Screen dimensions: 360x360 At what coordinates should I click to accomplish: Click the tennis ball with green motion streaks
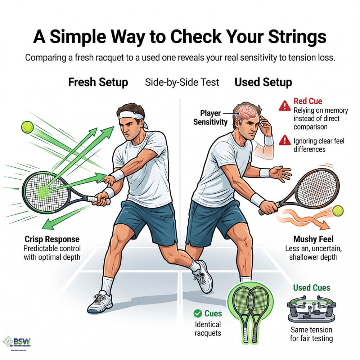(x=27, y=127)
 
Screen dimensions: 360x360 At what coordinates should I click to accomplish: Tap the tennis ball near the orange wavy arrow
(x=338, y=211)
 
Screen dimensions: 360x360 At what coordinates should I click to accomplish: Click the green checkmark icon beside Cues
(x=197, y=314)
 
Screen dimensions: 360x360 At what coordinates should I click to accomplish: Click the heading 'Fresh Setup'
(x=98, y=82)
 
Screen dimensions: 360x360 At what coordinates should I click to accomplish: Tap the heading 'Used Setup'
(x=263, y=82)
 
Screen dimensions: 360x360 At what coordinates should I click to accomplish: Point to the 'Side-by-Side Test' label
(x=182, y=82)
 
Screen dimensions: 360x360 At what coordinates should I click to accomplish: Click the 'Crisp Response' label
(x=52, y=239)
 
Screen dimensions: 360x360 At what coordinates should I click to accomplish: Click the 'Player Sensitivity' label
(x=211, y=117)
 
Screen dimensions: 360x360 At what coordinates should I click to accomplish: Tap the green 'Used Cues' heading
(x=311, y=288)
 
